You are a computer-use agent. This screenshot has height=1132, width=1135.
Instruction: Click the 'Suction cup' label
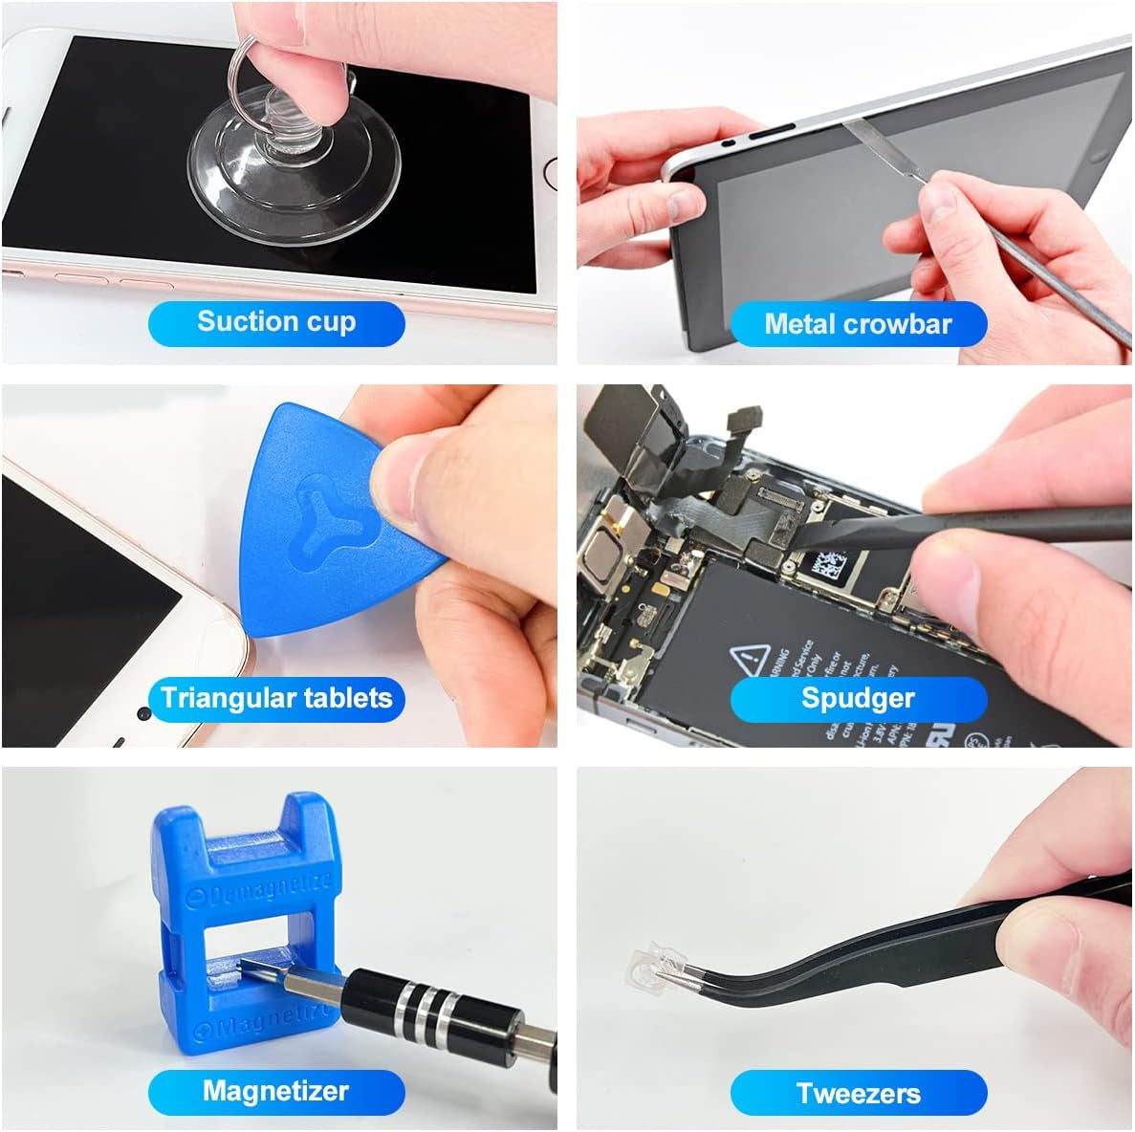coord(276,322)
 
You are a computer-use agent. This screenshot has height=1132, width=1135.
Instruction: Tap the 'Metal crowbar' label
coord(858,324)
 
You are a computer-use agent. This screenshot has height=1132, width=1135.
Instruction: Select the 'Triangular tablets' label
coord(276,698)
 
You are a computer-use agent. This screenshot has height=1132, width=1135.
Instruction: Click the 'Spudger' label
coord(858,698)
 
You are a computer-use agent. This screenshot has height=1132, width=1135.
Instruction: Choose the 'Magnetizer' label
coord(276,1091)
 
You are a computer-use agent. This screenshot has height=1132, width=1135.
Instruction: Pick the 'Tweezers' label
coord(858,1093)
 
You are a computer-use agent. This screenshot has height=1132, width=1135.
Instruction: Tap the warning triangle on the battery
coord(751,659)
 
